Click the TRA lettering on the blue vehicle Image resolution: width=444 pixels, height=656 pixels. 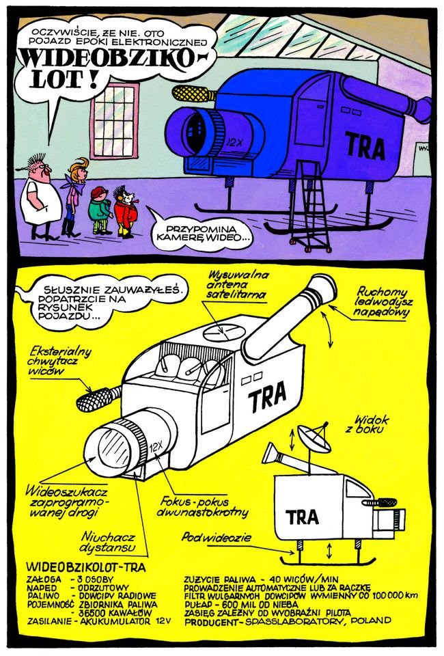coord(365,146)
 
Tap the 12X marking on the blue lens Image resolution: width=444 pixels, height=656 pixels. coord(234,142)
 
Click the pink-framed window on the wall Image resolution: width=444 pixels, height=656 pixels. coord(114,121)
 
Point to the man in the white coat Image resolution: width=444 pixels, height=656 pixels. coord(40,197)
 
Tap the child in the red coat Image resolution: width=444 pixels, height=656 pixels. coord(124,213)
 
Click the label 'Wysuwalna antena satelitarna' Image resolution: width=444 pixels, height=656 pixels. coord(237,285)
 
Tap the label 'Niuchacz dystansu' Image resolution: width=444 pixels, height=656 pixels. coord(108,542)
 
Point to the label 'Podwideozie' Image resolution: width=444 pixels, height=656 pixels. coord(216,537)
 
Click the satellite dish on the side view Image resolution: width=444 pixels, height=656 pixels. coord(314,438)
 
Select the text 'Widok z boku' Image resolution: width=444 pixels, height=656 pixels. coord(367,424)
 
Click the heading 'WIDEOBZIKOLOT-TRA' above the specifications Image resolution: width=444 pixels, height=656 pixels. coord(86,567)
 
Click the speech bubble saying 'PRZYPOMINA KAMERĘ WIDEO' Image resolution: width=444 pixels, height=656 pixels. coord(202,234)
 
